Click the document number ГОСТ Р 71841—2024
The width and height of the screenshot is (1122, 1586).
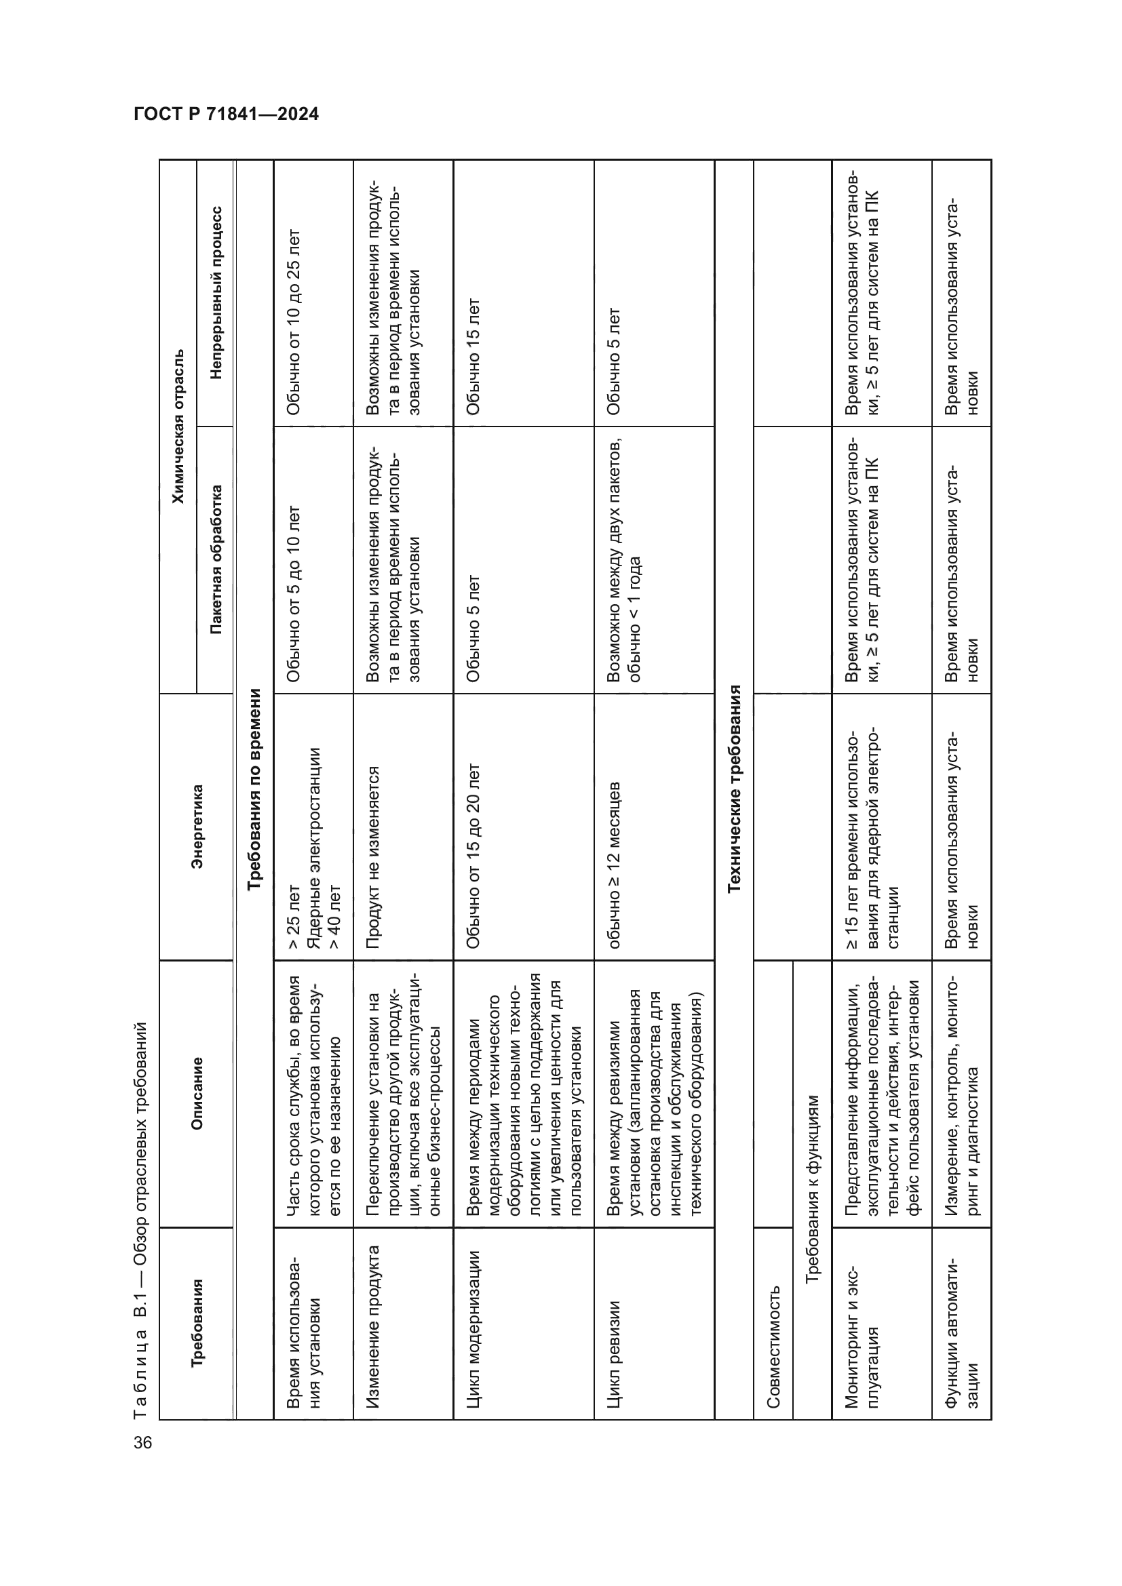226,114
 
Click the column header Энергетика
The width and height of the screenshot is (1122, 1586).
197,826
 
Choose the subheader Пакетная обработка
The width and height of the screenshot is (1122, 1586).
216,559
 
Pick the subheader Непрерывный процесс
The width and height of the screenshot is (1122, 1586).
216,292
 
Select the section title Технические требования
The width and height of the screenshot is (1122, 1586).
734,788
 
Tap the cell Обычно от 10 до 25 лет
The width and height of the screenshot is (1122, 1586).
294,321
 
